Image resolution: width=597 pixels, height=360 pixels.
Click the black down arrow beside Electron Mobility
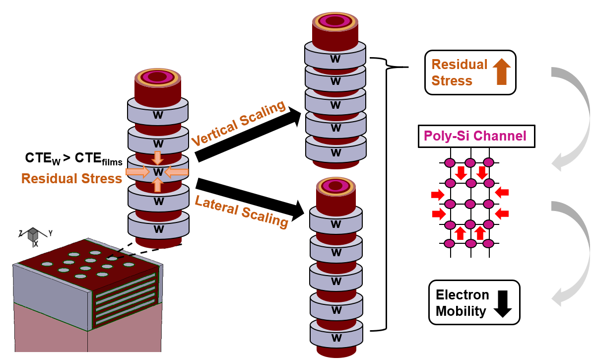503,303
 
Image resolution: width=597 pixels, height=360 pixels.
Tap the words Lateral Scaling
241,212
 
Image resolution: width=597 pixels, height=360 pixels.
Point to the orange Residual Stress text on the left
71,178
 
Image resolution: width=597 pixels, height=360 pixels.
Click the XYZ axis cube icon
33,234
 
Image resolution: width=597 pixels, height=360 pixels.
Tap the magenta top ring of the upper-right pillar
335,21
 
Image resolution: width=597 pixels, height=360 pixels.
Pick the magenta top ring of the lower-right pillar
336,186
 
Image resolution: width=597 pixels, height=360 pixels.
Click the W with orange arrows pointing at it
158,172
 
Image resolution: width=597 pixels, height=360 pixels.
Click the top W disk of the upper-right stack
335,58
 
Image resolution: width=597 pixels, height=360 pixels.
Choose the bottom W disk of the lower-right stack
336,338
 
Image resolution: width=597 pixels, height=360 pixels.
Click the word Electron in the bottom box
462,295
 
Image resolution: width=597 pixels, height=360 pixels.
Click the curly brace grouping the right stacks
387,194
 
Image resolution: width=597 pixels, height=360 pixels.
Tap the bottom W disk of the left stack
158,228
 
